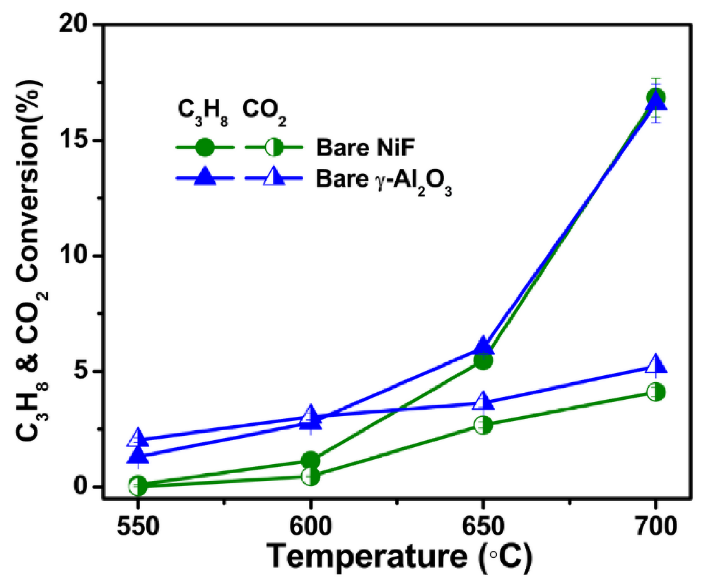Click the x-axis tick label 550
138,527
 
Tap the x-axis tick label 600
311,527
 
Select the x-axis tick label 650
483,527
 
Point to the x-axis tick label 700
656,527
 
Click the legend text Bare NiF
365,147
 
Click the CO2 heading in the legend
264,111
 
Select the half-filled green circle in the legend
274,147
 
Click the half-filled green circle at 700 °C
656,392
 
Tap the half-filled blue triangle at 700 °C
656,365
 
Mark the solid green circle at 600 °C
311,460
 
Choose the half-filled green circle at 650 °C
483,425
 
